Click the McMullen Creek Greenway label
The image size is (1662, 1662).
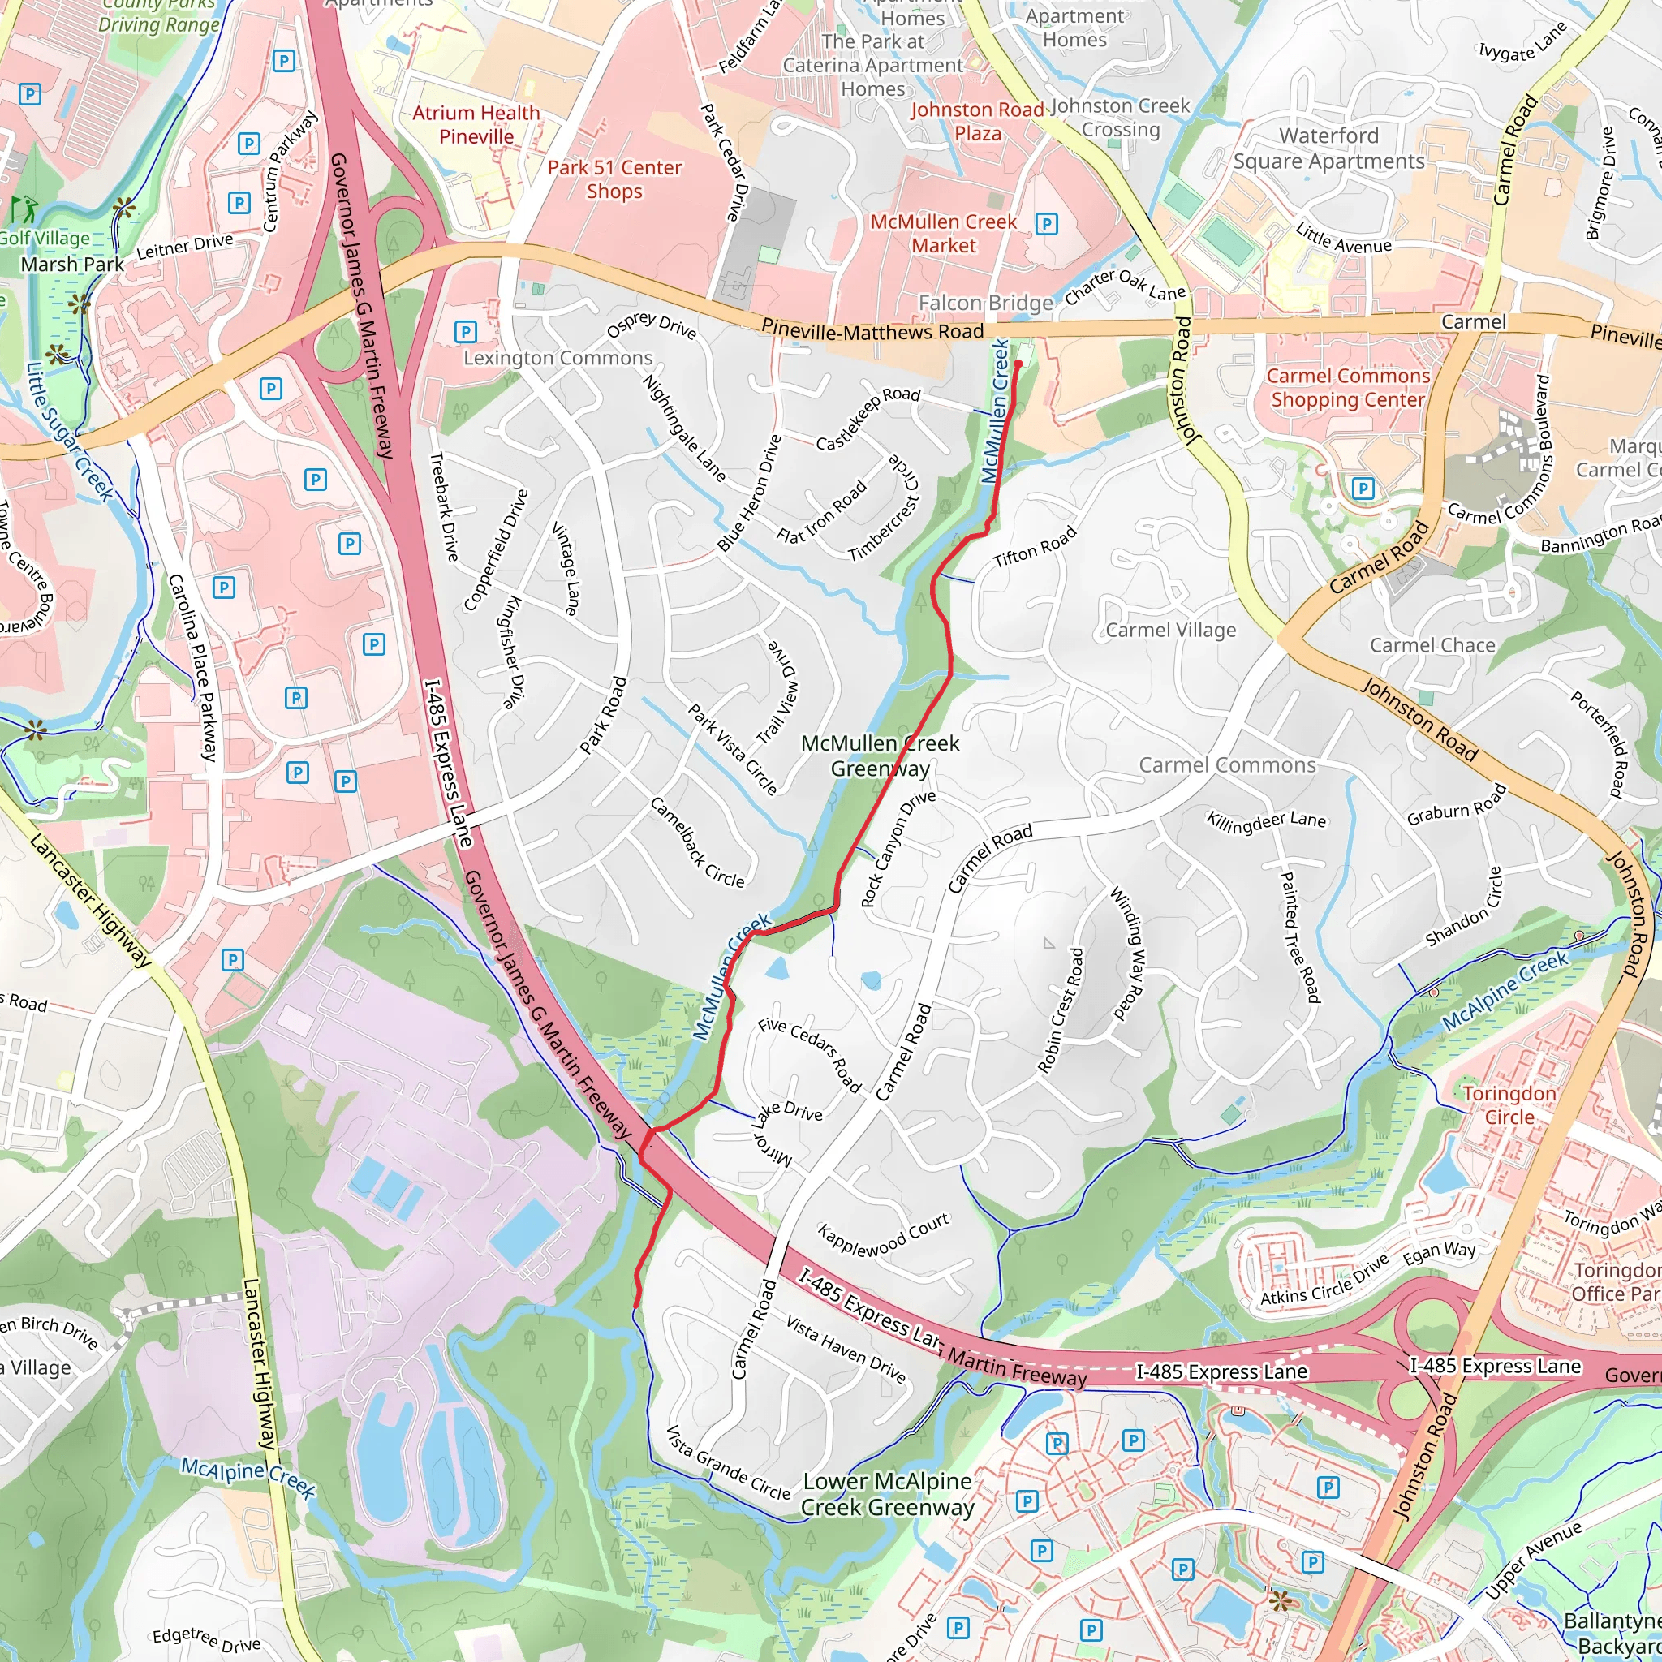point(879,756)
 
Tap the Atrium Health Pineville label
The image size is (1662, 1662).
point(476,125)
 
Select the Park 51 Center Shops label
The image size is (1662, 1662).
point(614,179)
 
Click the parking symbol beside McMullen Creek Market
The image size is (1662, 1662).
point(1046,225)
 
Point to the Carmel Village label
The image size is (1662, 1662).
point(1170,630)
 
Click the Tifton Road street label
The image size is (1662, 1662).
point(1034,547)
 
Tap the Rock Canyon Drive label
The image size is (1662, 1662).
point(898,848)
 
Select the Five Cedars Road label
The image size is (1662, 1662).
point(809,1055)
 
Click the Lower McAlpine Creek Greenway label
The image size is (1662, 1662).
point(887,1494)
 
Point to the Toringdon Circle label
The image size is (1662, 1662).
point(1509,1104)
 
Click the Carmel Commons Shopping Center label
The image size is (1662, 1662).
point(1348,388)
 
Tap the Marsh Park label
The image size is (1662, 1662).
point(72,264)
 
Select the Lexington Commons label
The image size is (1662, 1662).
point(558,358)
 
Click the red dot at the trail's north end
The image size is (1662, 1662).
point(1018,364)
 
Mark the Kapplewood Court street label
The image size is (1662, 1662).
point(883,1235)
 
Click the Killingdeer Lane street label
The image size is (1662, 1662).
point(1265,821)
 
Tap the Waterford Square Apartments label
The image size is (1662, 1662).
point(1328,149)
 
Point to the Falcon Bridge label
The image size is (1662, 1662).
point(985,303)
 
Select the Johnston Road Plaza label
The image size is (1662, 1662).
point(977,121)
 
